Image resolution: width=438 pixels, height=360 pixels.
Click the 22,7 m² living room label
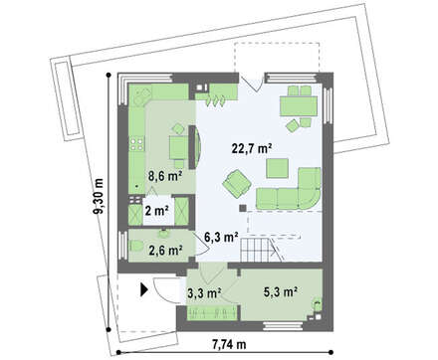[252, 148]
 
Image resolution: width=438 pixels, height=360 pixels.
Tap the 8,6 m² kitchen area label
[165, 176]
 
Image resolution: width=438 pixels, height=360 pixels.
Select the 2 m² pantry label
[156, 211]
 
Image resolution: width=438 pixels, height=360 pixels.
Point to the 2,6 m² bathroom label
[165, 251]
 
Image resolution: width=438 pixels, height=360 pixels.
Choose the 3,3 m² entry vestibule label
[204, 293]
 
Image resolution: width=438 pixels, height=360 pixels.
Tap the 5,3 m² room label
[281, 291]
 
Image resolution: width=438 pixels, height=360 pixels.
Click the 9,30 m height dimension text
[99, 196]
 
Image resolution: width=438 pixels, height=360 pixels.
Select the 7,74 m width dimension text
[229, 345]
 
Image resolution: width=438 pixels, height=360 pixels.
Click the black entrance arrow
[144, 289]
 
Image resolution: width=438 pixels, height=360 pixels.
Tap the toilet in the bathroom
[136, 246]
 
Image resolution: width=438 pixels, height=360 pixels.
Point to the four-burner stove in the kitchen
[136, 144]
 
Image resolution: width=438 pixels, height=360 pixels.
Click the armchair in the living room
[237, 182]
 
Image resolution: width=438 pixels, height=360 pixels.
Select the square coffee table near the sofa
[277, 168]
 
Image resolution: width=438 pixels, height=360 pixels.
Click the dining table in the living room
[299, 105]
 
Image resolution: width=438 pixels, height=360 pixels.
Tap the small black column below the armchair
[243, 208]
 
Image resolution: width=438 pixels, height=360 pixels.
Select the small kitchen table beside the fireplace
[179, 147]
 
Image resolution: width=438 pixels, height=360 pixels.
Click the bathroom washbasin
[163, 234]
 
